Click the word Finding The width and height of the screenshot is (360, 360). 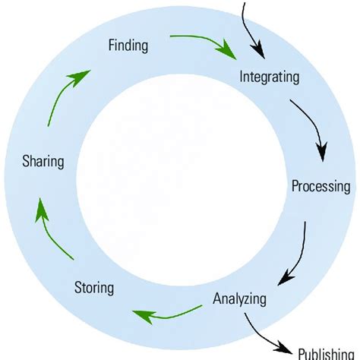128,46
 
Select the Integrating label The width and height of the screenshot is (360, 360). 270,77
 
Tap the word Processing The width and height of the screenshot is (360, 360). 321,186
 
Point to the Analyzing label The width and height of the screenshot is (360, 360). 240,298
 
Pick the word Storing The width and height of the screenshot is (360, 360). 94,288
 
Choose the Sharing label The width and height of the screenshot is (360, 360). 43,161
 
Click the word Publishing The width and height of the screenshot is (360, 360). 327,353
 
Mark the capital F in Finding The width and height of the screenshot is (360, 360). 112,46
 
